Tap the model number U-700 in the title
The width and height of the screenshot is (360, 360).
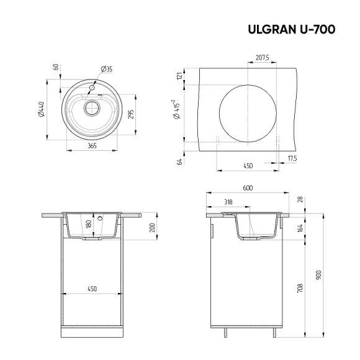pos(318,29)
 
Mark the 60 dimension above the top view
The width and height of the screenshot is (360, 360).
pos(56,67)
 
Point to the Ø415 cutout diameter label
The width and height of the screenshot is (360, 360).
pos(178,111)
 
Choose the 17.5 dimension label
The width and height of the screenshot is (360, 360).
pos(292,158)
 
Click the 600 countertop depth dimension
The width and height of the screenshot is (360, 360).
pos(247,188)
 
